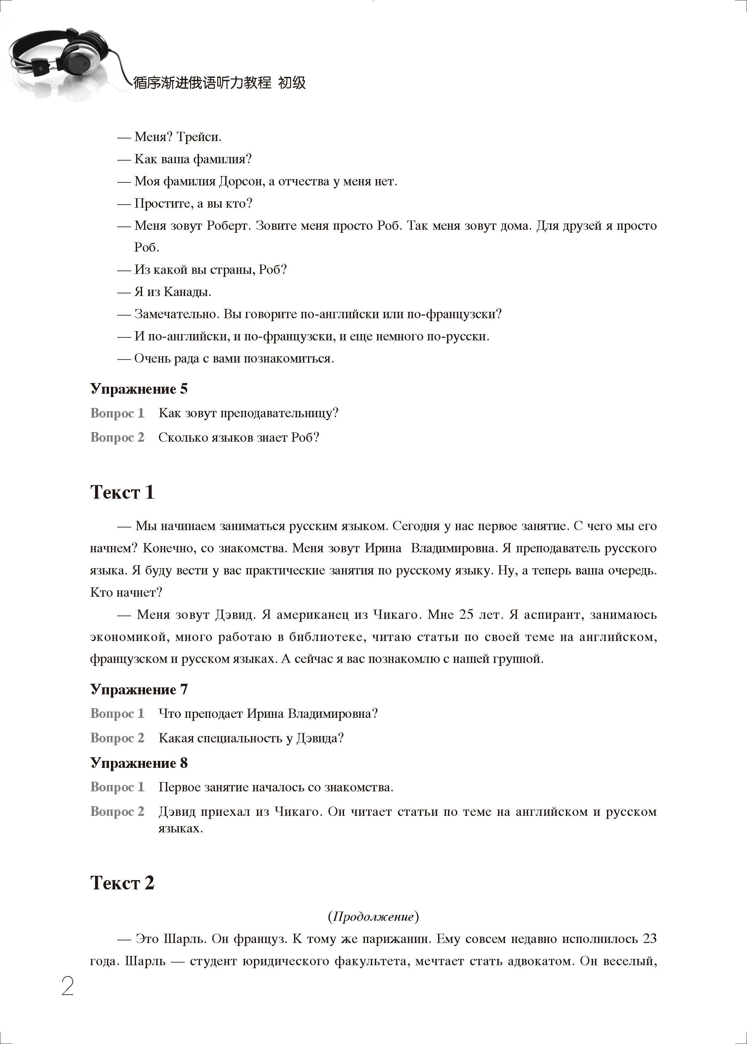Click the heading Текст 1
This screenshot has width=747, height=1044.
pyautogui.click(x=123, y=492)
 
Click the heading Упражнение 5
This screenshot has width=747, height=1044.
pyautogui.click(x=139, y=389)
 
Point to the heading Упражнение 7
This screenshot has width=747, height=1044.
pyautogui.click(x=139, y=689)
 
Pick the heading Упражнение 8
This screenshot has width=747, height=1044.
pyautogui.click(x=139, y=763)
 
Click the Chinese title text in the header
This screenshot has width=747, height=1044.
pyautogui.click(x=219, y=83)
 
